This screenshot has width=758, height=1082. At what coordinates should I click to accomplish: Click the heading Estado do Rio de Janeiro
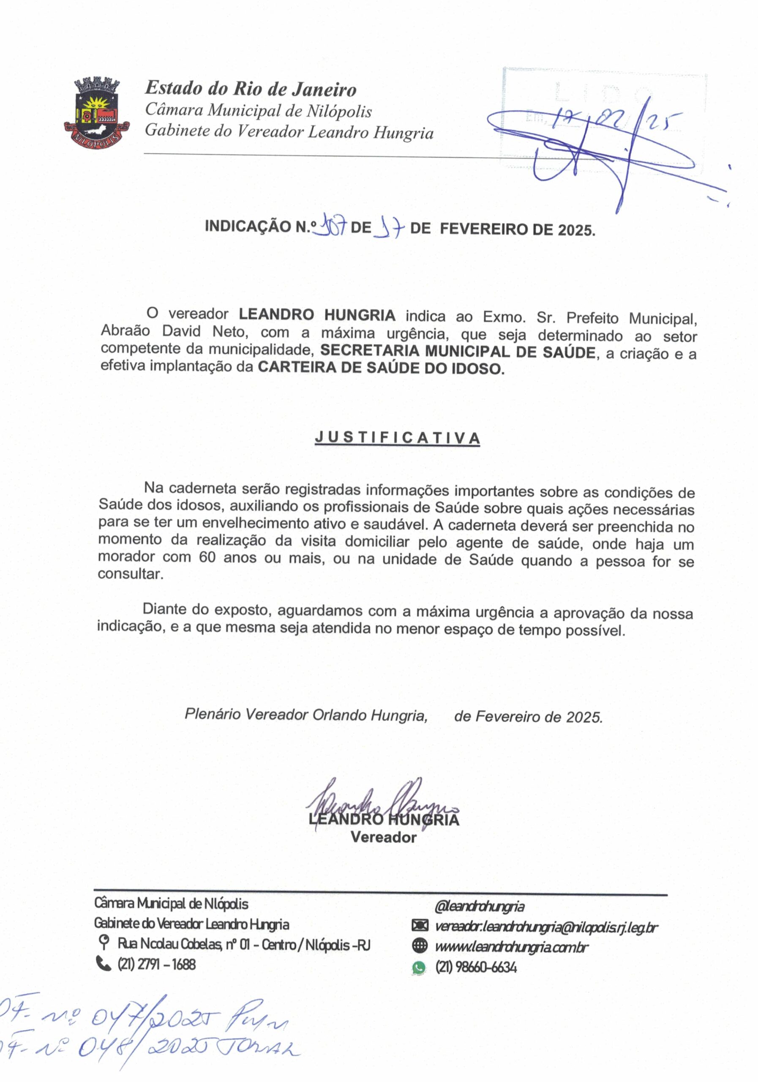pyautogui.click(x=250, y=89)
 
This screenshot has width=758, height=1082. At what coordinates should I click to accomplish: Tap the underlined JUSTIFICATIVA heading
pyautogui.click(x=397, y=438)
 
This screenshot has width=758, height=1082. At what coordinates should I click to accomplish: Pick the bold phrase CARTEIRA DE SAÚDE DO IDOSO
pyautogui.click(x=381, y=368)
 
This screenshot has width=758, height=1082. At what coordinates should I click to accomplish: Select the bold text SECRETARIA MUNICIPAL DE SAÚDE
pyautogui.click(x=458, y=352)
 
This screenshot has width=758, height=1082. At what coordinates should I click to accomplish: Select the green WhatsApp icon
pyautogui.click(x=418, y=967)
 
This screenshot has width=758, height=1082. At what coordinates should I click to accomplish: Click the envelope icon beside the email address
pyautogui.click(x=419, y=926)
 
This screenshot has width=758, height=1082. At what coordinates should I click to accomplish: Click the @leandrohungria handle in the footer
pyautogui.click(x=480, y=906)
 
